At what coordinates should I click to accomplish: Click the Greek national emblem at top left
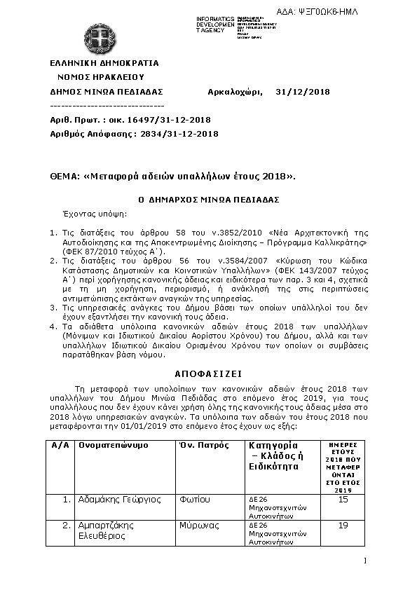[99, 38]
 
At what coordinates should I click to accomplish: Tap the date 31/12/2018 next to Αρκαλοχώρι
[303, 91]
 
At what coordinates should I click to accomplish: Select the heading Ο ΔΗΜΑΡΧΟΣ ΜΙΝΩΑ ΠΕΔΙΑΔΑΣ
[209, 200]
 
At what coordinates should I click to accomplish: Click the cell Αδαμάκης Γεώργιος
[120, 500]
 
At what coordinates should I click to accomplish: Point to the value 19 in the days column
[343, 525]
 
